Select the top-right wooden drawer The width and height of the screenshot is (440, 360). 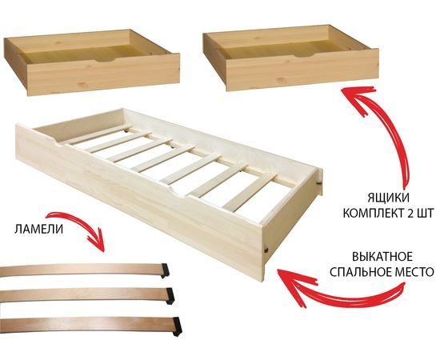288,60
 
